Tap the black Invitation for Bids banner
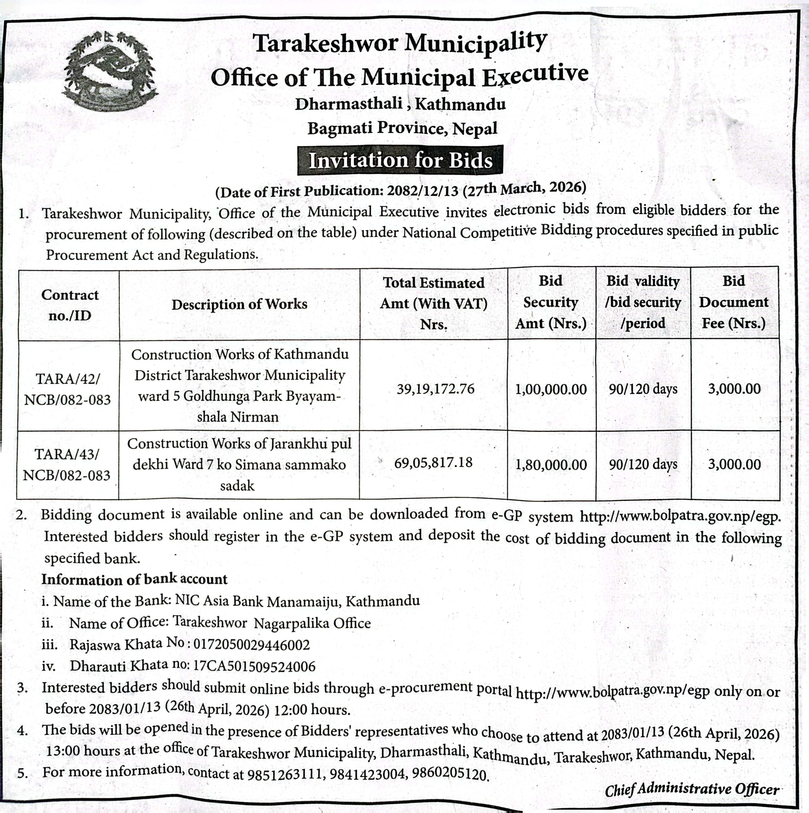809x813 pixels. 400,160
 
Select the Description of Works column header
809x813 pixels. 239,304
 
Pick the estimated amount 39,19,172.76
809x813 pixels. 435,389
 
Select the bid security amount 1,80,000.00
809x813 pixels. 551,465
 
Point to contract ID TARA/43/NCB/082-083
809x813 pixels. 67,465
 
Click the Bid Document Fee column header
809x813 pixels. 733,302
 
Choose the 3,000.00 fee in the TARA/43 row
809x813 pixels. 734,465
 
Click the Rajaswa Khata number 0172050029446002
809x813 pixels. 251,645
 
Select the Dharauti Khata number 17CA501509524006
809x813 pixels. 254,666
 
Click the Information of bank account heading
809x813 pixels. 134,580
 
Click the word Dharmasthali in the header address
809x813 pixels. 348,104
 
